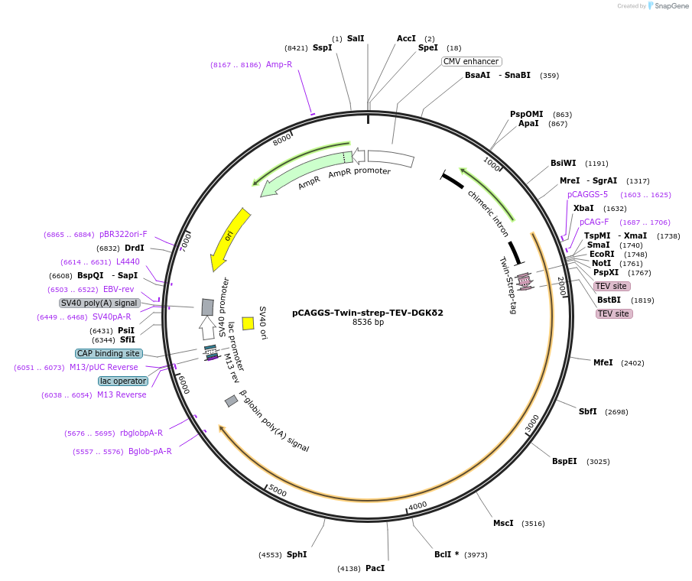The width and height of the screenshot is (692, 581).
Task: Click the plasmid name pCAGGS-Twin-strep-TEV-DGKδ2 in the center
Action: coord(368,312)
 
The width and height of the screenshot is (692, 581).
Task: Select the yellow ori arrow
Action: coord(229,238)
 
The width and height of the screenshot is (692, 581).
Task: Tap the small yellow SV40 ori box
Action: coord(248,323)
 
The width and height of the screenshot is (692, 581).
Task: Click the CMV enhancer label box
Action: coord(471,61)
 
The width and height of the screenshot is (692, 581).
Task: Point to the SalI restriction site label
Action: coord(356,38)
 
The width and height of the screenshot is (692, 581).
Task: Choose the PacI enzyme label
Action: coord(375,568)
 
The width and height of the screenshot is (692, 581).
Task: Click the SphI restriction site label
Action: coord(297,554)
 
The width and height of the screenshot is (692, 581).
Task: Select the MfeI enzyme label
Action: coord(603,362)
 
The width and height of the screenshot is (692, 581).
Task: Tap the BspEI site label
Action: coord(564,461)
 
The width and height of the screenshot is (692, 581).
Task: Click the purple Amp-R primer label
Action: coord(279,64)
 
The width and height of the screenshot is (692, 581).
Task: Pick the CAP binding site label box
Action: coord(109,353)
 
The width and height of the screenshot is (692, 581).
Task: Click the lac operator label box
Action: coord(123,381)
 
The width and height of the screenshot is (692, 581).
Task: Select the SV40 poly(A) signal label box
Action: coord(99,303)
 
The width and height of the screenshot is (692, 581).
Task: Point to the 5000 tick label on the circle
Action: coord(277,492)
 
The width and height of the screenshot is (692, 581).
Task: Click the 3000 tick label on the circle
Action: coord(533,422)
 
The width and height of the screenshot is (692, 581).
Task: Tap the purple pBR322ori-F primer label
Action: coord(123,234)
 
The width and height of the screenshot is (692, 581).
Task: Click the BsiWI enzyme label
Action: coord(564,163)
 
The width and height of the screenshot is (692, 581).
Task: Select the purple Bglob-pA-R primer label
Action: coord(150,451)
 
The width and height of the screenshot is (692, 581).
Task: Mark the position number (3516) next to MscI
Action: coord(533,524)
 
